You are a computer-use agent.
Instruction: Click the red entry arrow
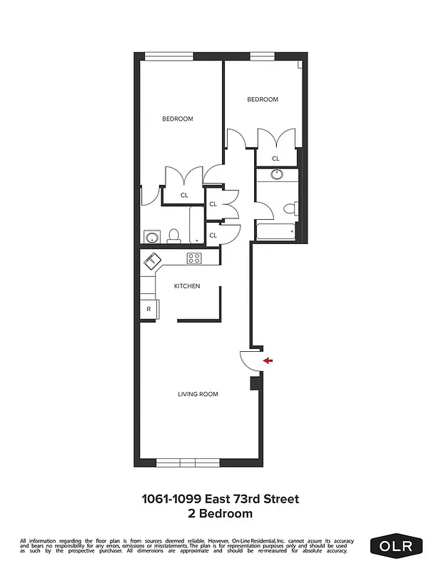pos(268,360)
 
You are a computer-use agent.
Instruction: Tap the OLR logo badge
pos(396,547)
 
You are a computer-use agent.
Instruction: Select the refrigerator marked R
pos(148,309)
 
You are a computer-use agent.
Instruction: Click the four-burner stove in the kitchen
pos(195,258)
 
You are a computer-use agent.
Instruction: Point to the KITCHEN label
pos(187,286)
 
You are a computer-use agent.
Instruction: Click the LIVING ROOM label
pos(198,394)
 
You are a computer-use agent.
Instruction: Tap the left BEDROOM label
pos(177,118)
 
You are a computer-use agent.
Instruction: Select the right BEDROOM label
pos(263,99)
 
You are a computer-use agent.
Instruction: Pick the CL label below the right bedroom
pos(275,158)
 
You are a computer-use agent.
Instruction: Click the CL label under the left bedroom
pos(184,194)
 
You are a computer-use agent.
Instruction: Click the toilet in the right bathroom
pos(290,209)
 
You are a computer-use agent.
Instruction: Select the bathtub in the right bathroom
pos(275,232)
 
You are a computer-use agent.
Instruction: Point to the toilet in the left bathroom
pos(173,236)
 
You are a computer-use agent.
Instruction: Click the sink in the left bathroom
pos(151,236)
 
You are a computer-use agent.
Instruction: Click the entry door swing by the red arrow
pos(250,360)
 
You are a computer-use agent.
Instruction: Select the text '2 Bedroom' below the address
pos(220,512)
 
